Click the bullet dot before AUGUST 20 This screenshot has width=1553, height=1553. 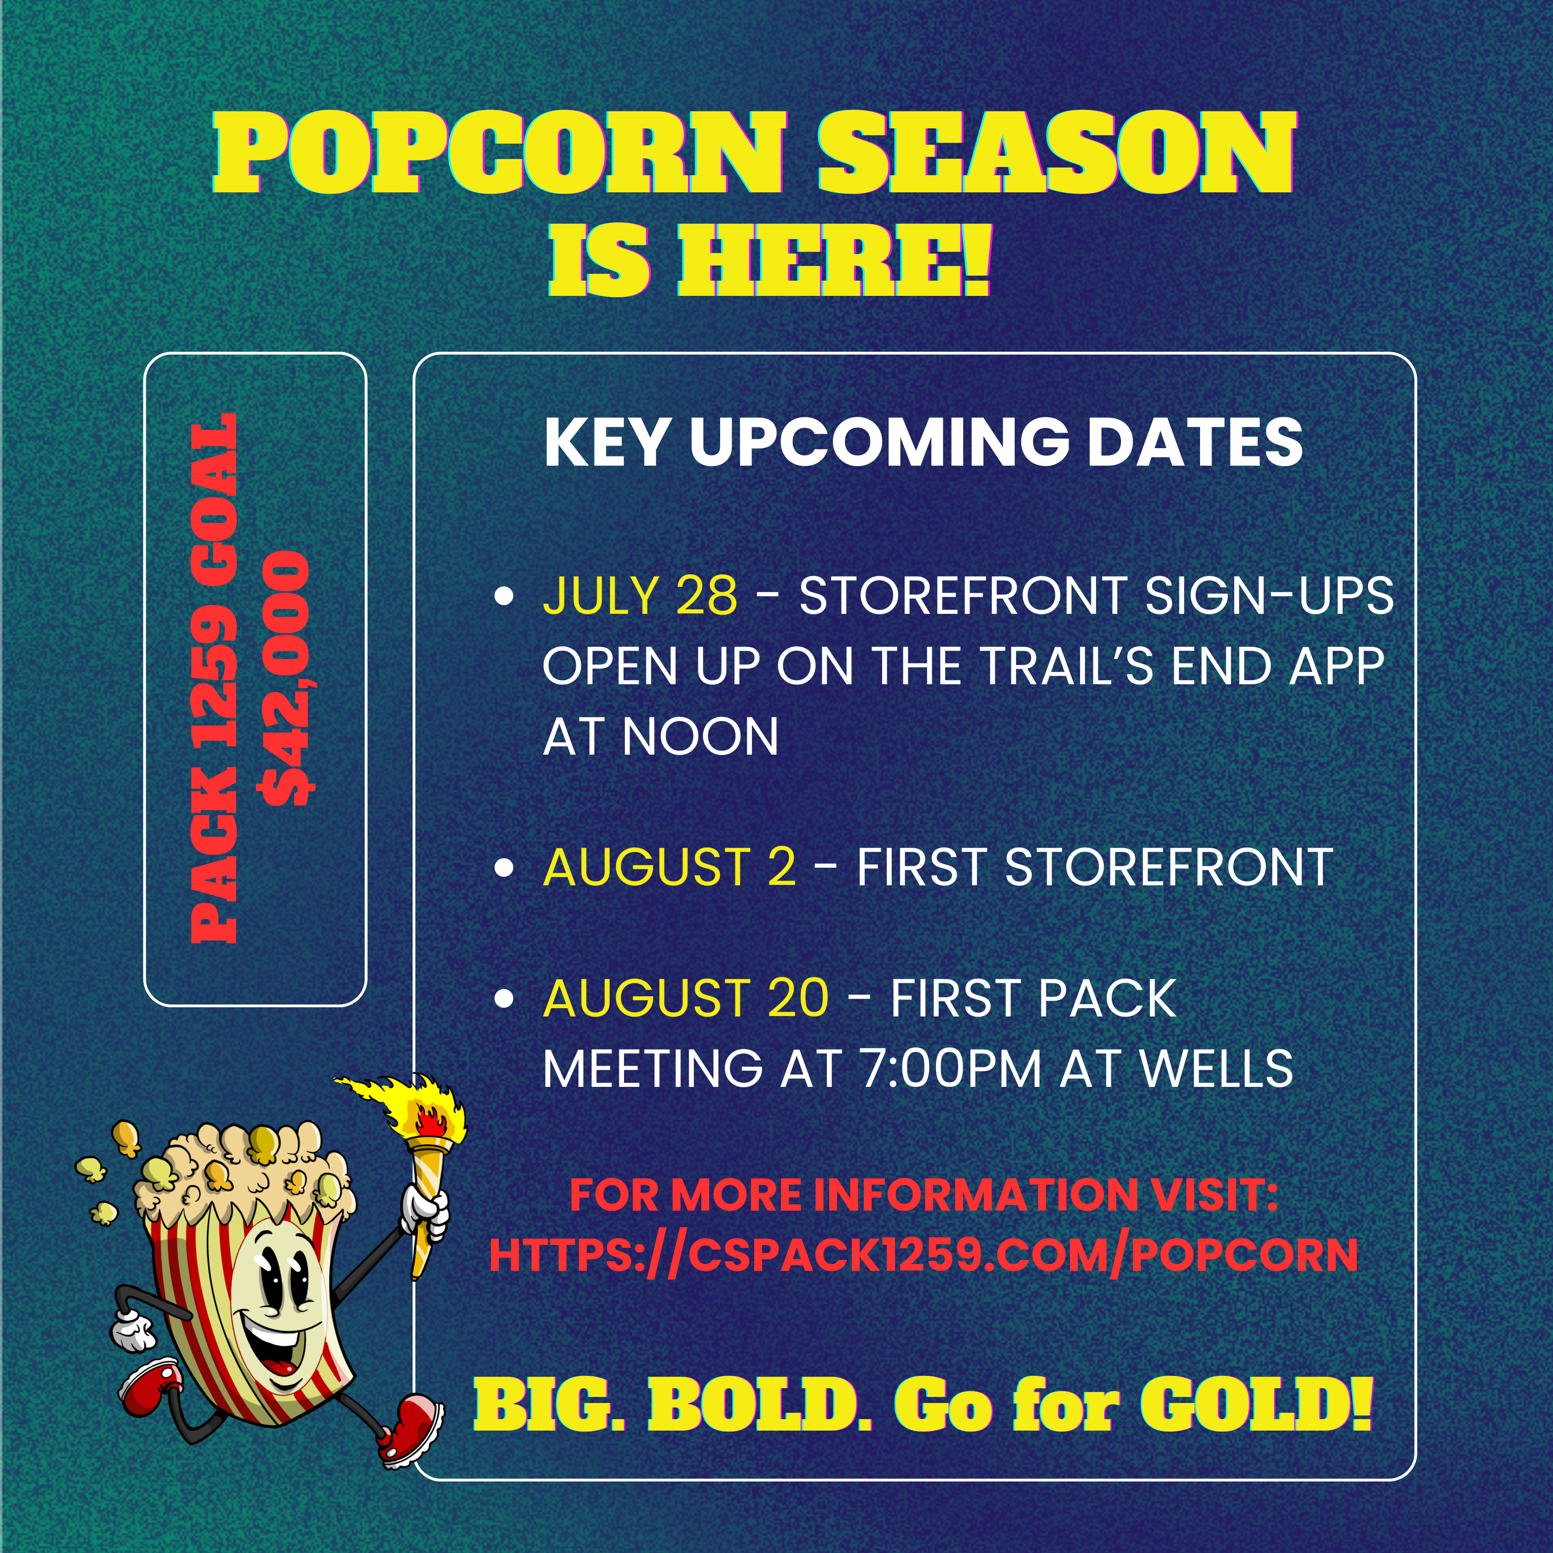click(x=504, y=999)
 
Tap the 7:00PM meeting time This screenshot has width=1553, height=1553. click(x=951, y=1068)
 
